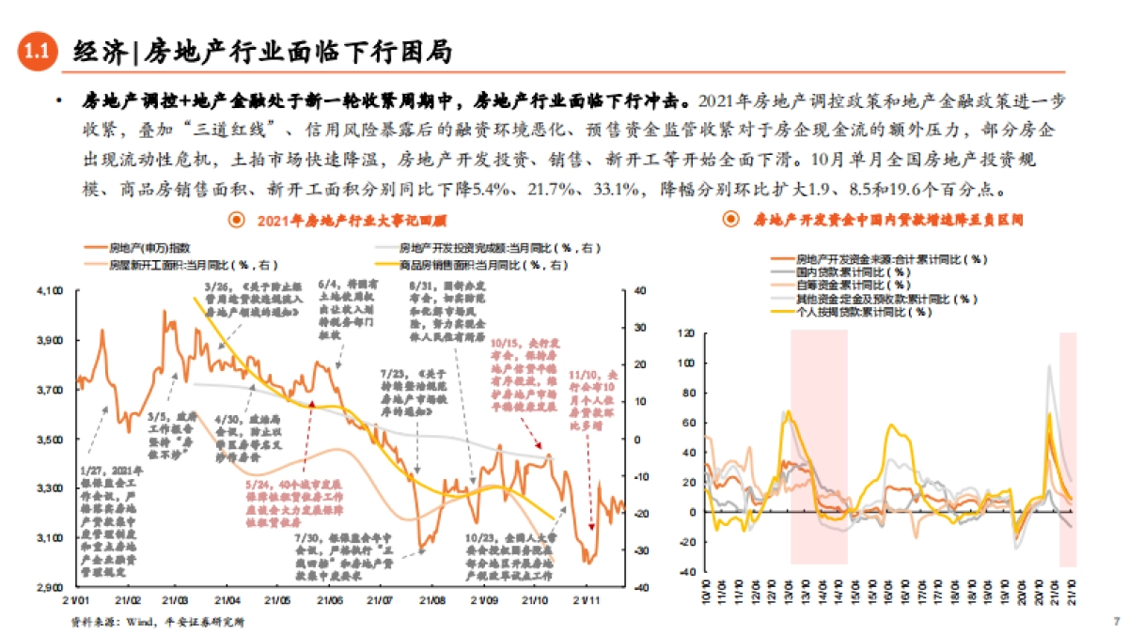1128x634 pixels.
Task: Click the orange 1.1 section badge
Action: pyautogui.click(x=37, y=54)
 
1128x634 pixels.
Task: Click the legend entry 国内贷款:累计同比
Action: pyautogui.click(x=840, y=271)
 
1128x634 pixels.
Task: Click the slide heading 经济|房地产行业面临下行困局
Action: pyautogui.click(x=262, y=53)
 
